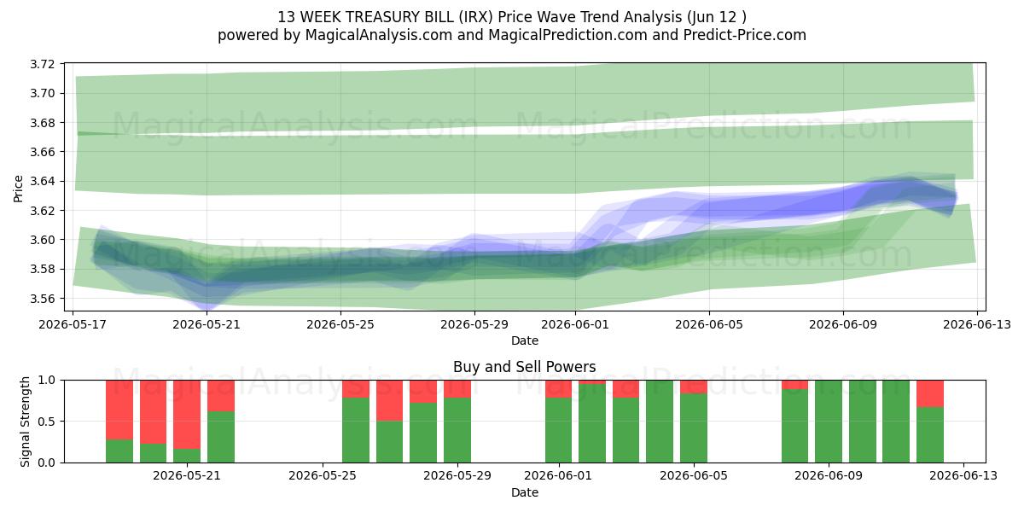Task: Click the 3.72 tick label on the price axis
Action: pyautogui.click(x=42, y=64)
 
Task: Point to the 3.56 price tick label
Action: pyautogui.click(x=42, y=299)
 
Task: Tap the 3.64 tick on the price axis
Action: pyautogui.click(x=42, y=182)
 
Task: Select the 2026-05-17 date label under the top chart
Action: pyautogui.click(x=73, y=324)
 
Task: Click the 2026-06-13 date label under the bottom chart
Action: pyautogui.click(x=963, y=476)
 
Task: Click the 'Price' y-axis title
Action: pyautogui.click(x=18, y=189)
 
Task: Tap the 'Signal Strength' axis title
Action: pyautogui.click(x=25, y=422)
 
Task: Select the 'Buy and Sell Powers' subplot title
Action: pyautogui.click(x=524, y=367)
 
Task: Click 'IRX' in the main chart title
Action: pyautogui.click(x=481, y=17)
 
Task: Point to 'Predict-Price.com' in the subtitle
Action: pyautogui.click(x=745, y=35)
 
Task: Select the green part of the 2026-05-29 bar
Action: pyautogui.click(x=457, y=430)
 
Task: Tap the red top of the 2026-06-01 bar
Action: pyautogui.click(x=559, y=389)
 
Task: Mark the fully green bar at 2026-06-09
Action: pyautogui.click(x=829, y=422)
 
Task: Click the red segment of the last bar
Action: pyautogui.click(x=930, y=393)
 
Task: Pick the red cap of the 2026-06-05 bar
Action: pyautogui.click(x=694, y=387)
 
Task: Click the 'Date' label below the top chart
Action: pyautogui.click(x=524, y=340)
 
